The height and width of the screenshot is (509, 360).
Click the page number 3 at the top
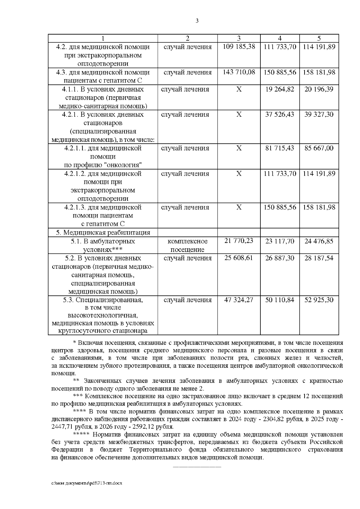pos(197,21)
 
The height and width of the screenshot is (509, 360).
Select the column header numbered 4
pos(280,38)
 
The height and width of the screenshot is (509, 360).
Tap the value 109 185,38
pos(239,47)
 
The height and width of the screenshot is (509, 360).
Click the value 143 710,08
pos(239,72)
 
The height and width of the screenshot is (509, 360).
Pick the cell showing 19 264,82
pos(280,89)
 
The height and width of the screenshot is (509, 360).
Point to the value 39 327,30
pos(319,115)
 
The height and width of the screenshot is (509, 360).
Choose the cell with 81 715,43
pos(280,148)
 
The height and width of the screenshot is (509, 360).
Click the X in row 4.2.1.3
pos(239,207)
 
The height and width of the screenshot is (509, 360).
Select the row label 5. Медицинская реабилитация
pos(103,232)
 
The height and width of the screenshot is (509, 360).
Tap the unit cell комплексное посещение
pos(187,245)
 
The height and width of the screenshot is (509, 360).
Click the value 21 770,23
pos(239,241)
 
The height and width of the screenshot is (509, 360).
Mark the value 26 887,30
pos(280,258)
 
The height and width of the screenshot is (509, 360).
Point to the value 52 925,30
pos(319,300)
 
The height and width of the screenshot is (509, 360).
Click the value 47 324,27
pos(239,300)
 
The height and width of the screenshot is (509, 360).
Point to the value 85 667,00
pos(319,148)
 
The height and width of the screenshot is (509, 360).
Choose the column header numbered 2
pos(187,38)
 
